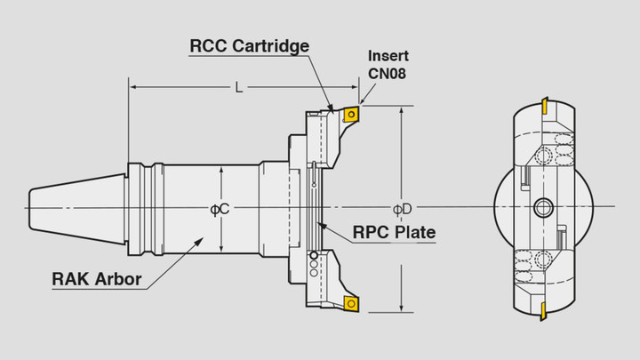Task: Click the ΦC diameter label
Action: click(x=220, y=208)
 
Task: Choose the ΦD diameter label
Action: click(x=402, y=208)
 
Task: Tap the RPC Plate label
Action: click(x=394, y=233)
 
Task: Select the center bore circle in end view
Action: click(x=541, y=208)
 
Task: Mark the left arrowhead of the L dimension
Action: click(x=133, y=86)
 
